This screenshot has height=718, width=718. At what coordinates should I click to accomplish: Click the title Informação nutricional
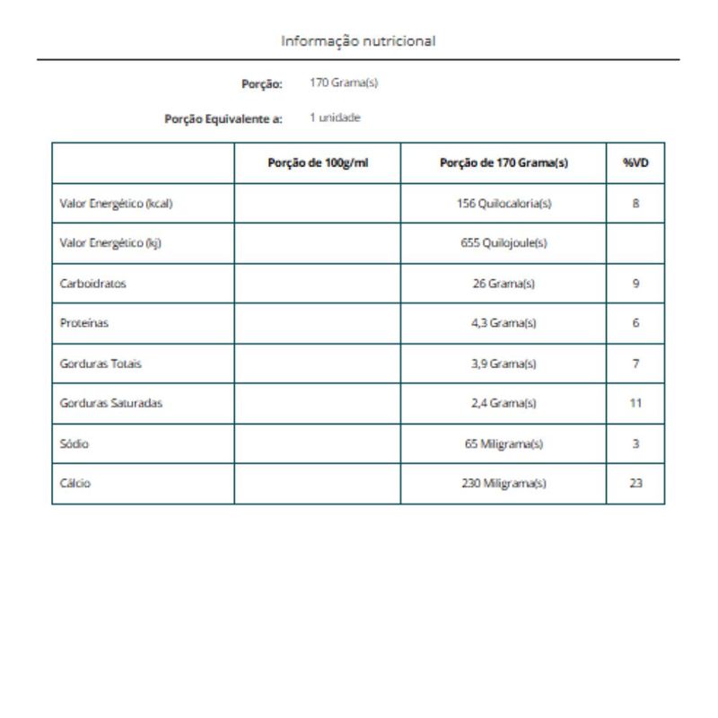point(358,41)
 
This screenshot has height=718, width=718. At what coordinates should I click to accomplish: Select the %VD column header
point(635,162)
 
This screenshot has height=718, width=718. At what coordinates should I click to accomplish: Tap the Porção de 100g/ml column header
point(318,162)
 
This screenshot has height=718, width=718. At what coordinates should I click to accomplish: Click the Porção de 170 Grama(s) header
point(503,162)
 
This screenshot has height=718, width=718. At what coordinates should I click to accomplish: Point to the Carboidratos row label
point(92,284)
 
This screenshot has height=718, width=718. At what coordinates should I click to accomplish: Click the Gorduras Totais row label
point(101,363)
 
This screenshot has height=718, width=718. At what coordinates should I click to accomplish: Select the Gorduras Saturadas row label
point(111,403)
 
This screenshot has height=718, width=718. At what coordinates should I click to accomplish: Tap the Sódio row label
point(74,443)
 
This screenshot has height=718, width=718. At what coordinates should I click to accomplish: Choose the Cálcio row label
point(75,483)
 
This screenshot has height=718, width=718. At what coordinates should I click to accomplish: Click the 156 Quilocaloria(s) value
point(503,204)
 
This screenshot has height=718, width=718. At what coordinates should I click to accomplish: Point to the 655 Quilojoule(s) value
point(503,243)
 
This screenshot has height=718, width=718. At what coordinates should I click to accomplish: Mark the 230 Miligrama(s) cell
point(503,483)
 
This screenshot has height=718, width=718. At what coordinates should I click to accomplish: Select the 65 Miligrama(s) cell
point(503,443)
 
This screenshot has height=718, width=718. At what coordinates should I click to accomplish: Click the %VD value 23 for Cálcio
point(635,483)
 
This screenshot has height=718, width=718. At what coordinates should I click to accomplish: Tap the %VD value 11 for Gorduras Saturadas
point(635,403)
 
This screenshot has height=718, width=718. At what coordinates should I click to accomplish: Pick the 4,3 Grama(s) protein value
point(503,323)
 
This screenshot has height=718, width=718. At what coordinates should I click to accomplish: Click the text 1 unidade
point(336,118)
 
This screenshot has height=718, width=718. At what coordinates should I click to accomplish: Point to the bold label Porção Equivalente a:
point(223,118)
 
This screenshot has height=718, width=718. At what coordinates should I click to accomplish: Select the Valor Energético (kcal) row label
point(116,204)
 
